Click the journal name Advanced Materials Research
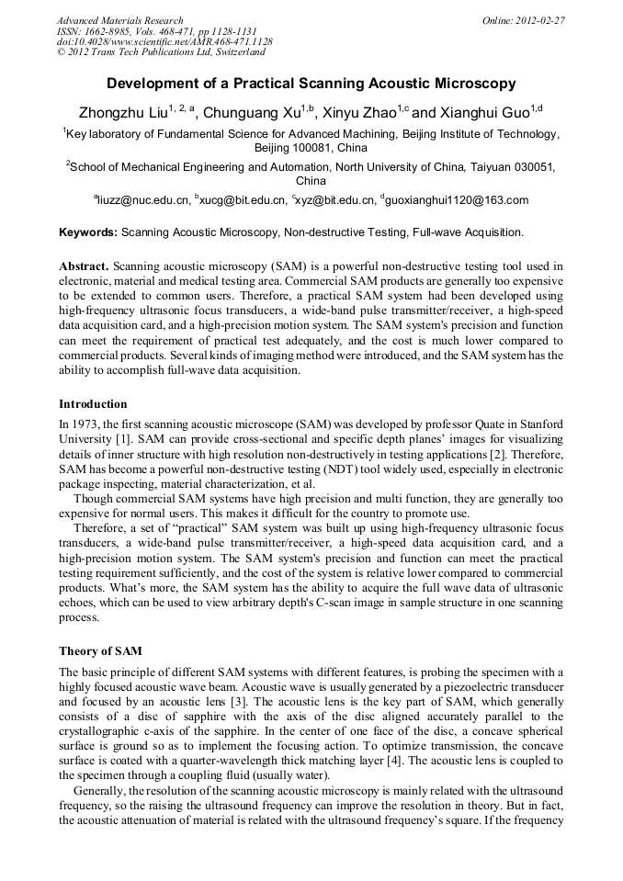119,20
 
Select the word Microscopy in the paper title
471,84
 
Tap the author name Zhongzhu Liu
122,114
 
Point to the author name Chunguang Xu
251,114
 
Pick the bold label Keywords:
88,232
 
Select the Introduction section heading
93,404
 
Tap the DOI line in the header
164,42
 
